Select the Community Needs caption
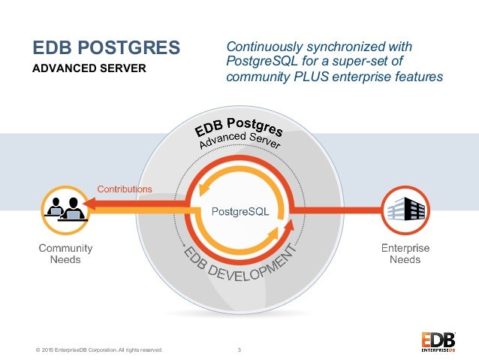click(x=65, y=254)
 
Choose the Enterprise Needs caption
click(x=405, y=254)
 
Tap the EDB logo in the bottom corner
click(x=436, y=340)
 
